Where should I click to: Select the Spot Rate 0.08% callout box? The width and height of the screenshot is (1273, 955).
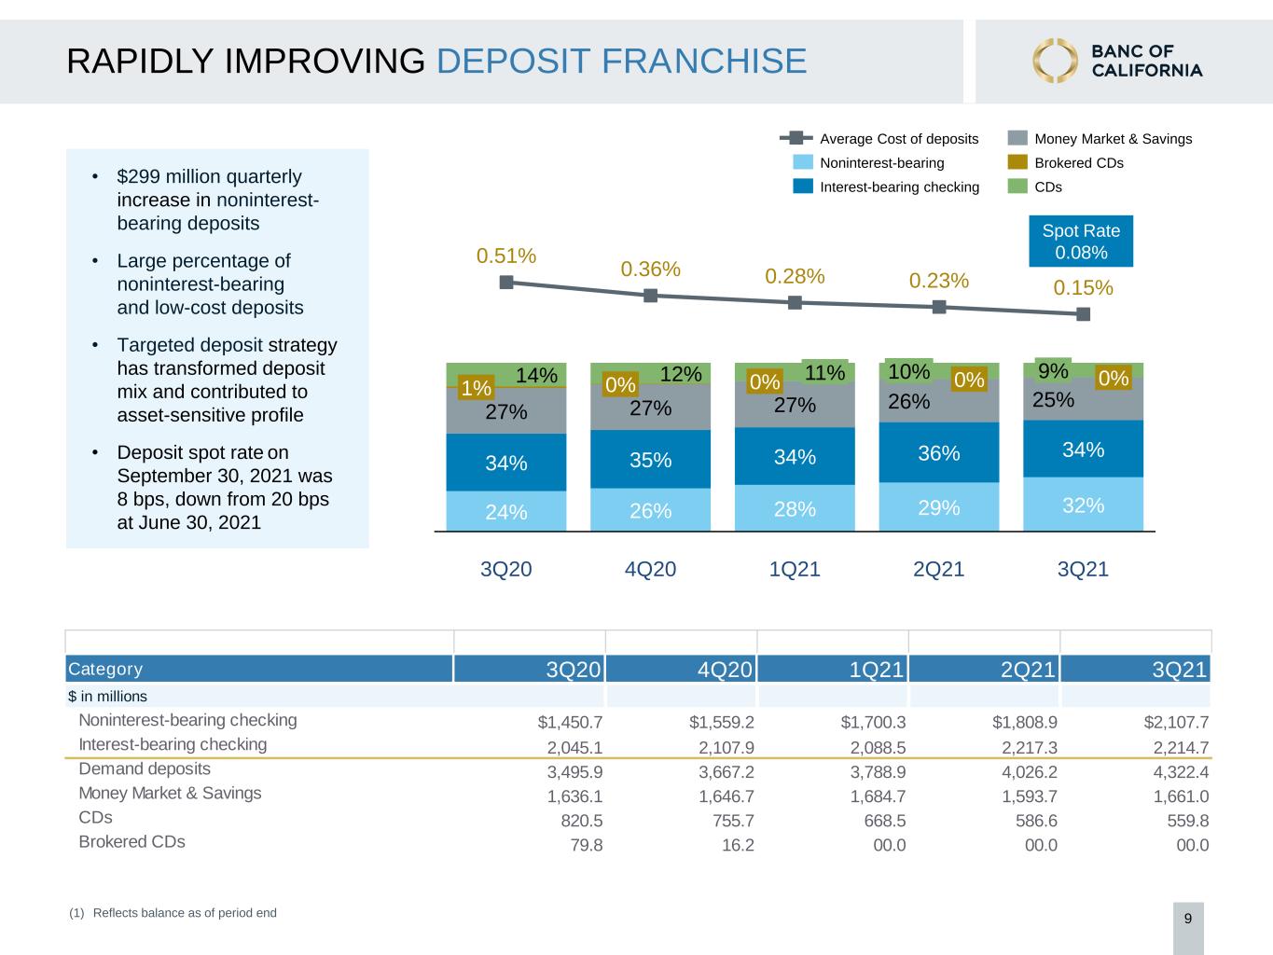pyautogui.click(x=1081, y=242)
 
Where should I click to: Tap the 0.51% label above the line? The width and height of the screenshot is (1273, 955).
pyautogui.click(x=505, y=256)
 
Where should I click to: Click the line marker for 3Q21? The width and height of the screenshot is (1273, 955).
pyautogui.click(x=1083, y=314)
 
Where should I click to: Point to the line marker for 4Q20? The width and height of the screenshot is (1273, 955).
pyautogui.click(x=651, y=296)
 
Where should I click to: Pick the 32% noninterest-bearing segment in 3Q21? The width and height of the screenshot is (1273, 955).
pyautogui.click(x=1083, y=504)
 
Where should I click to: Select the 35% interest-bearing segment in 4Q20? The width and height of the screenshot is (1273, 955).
pyautogui.click(x=650, y=459)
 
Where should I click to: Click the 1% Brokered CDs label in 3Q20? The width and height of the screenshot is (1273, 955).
pyautogui.click(x=476, y=387)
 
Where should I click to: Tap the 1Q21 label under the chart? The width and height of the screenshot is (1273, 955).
pyautogui.click(x=795, y=569)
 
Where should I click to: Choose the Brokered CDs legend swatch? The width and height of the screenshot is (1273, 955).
pyautogui.click(x=1017, y=162)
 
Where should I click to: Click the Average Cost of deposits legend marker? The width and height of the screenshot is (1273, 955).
pyautogui.click(x=796, y=138)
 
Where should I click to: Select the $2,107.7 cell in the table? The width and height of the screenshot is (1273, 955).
pyautogui.click(x=1176, y=722)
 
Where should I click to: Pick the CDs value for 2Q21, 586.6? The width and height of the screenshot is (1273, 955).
pyautogui.click(x=1036, y=821)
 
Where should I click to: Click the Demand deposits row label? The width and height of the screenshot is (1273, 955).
pyautogui.click(x=145, y=768)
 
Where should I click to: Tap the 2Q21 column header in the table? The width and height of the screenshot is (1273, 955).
pyautogui.click(x=1028, y=669)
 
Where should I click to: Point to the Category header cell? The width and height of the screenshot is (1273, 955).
pyautogui.click(x=258, y=669)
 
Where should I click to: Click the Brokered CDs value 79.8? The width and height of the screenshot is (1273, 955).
pyautogui.click(x=587, y=845)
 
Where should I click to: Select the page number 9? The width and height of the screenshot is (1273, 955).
pyautogui.click(x=1188, y=919)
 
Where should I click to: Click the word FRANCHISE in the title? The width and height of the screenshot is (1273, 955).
pyautogui.click(x=704, y=61)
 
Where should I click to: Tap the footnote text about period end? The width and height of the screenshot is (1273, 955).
pyautogui.click(x=173, y=913)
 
